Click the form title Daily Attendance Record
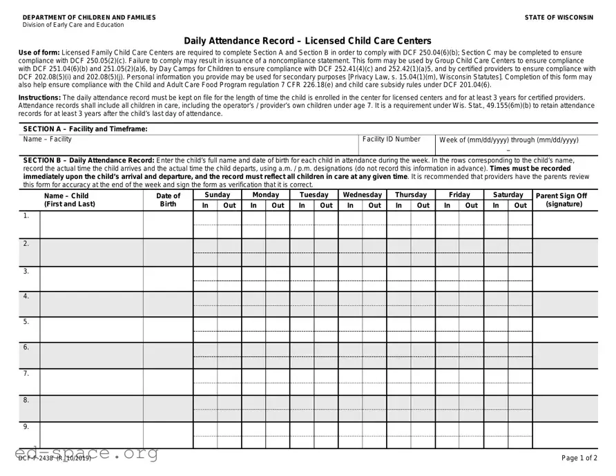[307, 41]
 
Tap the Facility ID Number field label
[391, 140]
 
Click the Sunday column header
[217, 195]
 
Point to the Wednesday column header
[362, 195]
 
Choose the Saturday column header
[508, 195]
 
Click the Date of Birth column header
[168, 200]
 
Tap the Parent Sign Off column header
[561, 200]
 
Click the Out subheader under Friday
[471, 205]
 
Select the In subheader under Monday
[253, 205]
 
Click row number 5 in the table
[26, 322]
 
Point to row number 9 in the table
[26, 427]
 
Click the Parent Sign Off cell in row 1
[565, 225]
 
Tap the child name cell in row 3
[91, 278]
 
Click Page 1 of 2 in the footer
[579, 458]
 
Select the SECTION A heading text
[85, 129]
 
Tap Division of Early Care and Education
[73, 25]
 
